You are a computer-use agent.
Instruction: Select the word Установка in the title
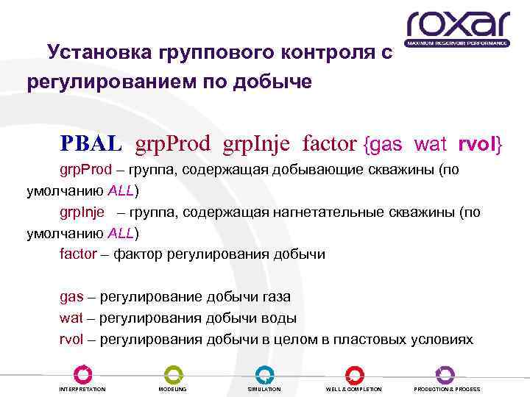[97, 53]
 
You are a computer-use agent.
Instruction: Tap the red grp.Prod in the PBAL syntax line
[173, 144]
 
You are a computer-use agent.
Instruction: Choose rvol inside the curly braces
[478, 144]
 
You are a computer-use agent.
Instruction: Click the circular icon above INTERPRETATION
[82, 373]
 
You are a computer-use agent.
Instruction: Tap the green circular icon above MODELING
[173, 373]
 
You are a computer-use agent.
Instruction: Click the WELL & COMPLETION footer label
[354, 389]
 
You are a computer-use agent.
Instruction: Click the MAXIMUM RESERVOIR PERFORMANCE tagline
[458, 43]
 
